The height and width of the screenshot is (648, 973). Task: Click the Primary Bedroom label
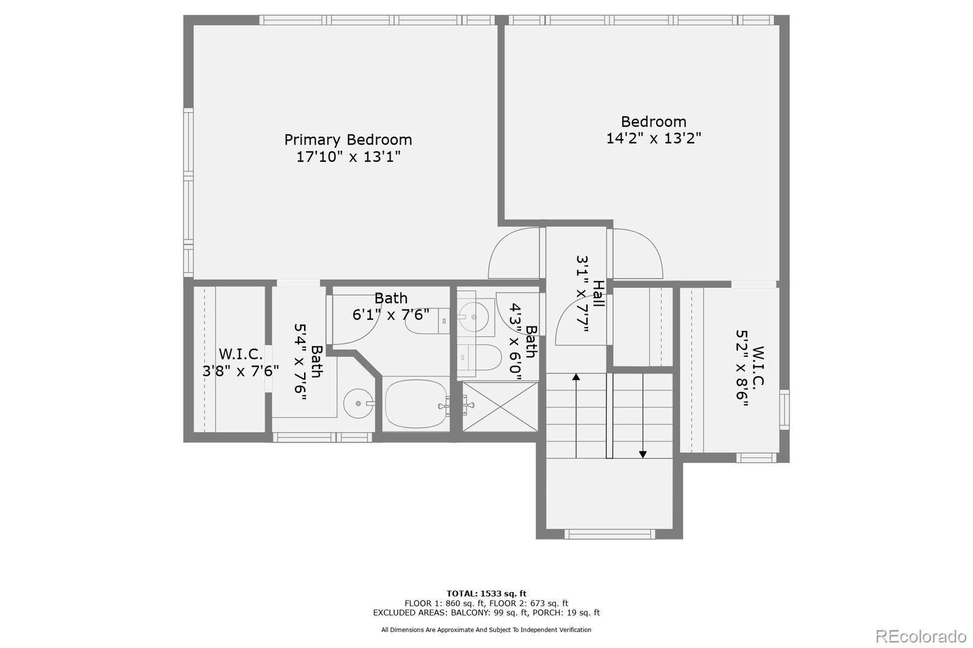click(348, 140)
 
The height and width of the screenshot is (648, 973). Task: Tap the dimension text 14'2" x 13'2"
click(653, 138)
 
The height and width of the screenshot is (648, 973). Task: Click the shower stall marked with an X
click(500, 406)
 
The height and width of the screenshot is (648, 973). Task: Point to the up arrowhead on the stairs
click(576, 377)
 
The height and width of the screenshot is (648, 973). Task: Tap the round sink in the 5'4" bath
click(359, 403)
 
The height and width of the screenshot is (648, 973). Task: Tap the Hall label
click(598, 294)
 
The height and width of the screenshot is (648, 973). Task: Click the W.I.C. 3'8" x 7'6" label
click(241, 354)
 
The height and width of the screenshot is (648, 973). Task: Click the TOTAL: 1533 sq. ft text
click(486, 593)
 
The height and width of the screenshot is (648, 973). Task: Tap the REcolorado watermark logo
click(920, 636)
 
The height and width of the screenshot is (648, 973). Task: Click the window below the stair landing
click(609, 534)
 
